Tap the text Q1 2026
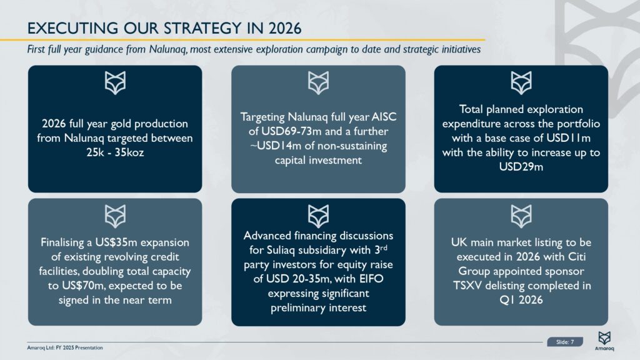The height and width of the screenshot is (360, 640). point(521,300)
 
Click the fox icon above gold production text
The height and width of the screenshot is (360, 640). point(115,83)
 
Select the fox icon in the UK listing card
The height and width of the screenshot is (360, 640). point(521,216)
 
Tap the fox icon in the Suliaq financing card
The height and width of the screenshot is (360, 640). point(318,216)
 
